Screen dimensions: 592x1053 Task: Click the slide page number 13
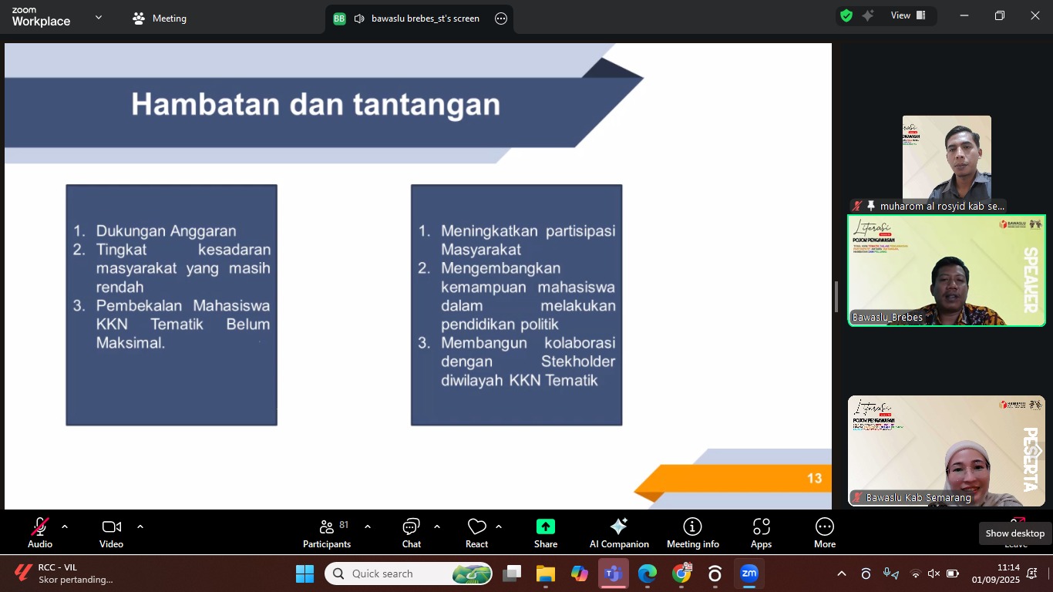click(814, 479)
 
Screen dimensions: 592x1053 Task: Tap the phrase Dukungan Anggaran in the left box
click(166, 230)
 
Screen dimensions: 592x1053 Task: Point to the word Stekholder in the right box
click(578, 362)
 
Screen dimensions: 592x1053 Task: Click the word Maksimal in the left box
click(130, 343)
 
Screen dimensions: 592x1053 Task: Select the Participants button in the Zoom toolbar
click(327, 533)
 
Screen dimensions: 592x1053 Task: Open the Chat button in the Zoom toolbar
click(411, 533)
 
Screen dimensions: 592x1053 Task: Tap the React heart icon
click(477, 527)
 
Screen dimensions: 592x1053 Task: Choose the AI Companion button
click(619, 533)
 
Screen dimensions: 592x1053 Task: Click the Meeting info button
click(693, 533)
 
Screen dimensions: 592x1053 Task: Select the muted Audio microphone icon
click(39, 527)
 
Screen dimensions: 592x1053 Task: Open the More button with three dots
click(825, 533)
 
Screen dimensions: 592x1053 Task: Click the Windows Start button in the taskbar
click(304, 574)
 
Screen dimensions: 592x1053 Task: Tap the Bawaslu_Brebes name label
click(887, 318)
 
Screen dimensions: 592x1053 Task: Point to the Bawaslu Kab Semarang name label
click(918, 498)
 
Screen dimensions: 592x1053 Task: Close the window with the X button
click(1035, 15)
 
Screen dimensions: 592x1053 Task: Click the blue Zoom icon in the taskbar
click(749, 574)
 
